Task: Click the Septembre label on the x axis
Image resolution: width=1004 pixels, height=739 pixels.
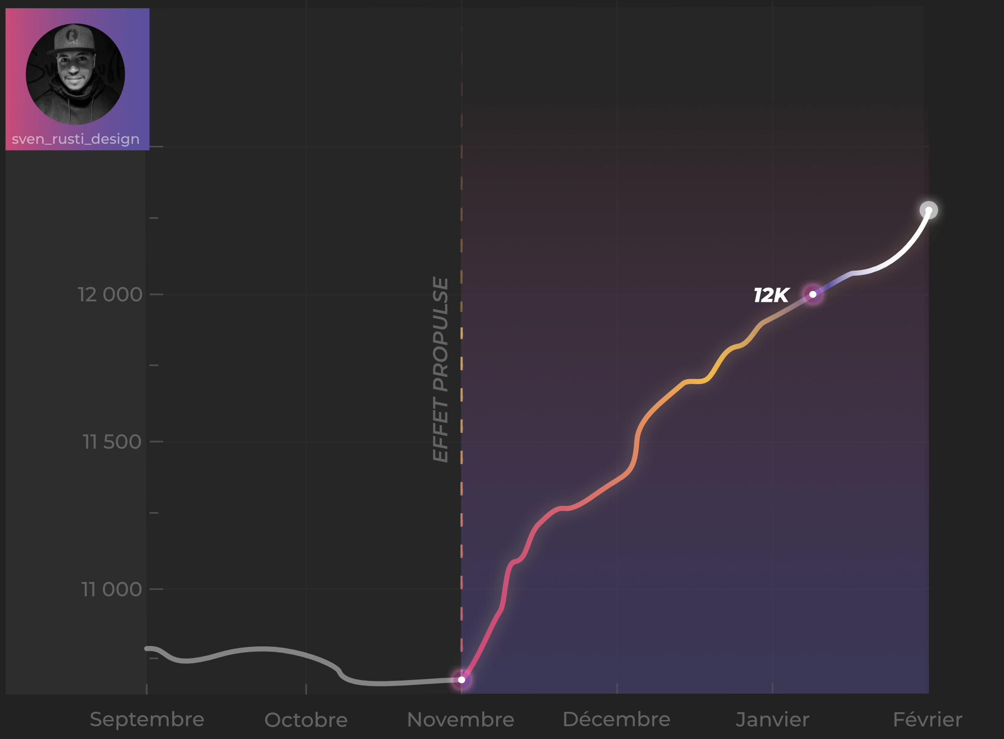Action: click(x=147, y=720)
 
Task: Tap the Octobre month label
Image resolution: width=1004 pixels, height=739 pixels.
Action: click(x=306, y=720)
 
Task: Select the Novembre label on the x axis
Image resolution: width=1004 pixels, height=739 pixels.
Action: click(x=461, y=720)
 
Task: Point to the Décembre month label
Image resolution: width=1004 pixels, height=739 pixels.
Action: click(x=617, y=720)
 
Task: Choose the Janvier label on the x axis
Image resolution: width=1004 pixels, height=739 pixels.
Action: click(x=772, y=720)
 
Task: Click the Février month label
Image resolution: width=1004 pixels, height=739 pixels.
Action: click(x=927, y=720)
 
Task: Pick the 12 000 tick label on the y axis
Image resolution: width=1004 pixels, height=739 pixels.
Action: click(x=110, y=294)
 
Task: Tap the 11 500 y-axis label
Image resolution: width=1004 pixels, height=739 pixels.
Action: click(x=112, y=442)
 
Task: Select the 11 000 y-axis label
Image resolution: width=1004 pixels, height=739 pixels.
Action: click(x=111, y=589)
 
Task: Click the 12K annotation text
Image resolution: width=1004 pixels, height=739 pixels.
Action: click(x=771, y=295)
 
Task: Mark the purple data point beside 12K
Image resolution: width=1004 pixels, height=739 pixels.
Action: click(x=812, y=294)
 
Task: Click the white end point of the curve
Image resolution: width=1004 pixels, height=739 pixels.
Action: click(x=928, y=211)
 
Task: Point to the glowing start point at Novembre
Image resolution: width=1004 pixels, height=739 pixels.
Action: click(x=462, y=680)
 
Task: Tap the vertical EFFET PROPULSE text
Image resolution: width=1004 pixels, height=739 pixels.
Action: click(x=441, y=369)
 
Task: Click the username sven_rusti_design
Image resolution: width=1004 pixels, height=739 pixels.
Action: click(x=76, y=139)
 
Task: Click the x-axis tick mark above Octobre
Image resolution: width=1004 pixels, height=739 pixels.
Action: click(x=306, y=688)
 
